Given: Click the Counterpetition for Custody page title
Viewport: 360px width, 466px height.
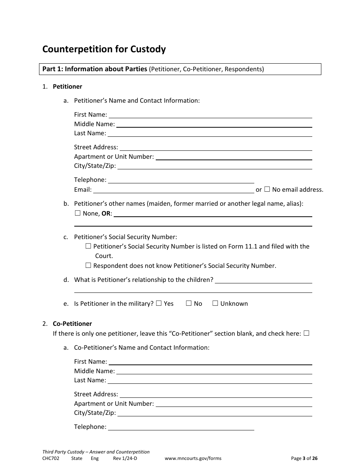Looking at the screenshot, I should tap(104, 49).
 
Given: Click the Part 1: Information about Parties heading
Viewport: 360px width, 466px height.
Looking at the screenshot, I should tap(94, 69).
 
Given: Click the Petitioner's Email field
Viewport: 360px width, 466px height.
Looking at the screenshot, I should tap(174, 189).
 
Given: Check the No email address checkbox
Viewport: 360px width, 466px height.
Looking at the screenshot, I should tap(267, 189).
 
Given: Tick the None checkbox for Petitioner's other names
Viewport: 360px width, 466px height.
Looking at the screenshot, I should tap(78, 213).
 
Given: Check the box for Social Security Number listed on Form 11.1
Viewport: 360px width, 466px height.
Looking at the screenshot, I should tap(88, 246).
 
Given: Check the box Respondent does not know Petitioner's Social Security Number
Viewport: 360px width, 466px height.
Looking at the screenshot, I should tap(88, 265).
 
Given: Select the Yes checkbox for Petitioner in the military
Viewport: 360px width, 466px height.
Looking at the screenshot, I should tap(159, 303).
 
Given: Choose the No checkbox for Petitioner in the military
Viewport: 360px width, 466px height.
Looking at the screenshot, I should tap(189, 303).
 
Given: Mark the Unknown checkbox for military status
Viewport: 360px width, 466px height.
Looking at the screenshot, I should tap(215, 303).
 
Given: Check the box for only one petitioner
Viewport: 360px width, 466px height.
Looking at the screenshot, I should tap(307, 333).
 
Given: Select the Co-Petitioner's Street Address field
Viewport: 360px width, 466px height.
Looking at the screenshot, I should tap(216, 394).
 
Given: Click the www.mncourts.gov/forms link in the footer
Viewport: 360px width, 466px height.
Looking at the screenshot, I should tap(193, 458).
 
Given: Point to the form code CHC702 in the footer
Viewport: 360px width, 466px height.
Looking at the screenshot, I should tap(51, 458).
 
